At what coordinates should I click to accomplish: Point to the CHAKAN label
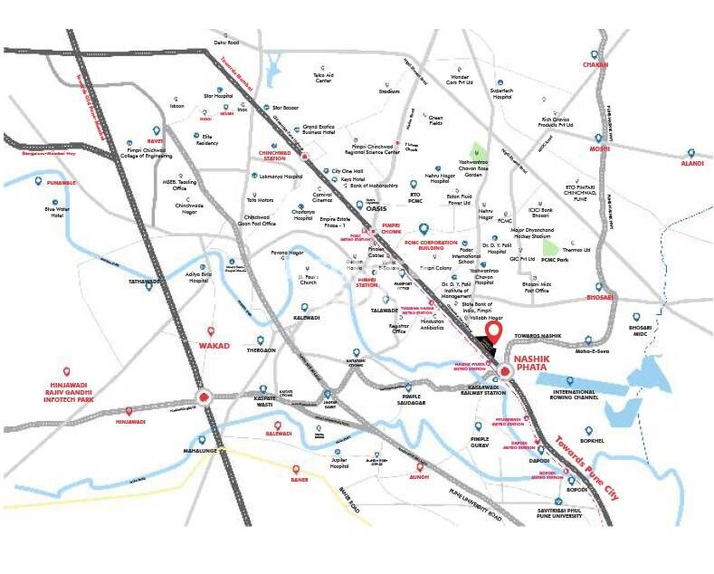[595, 65]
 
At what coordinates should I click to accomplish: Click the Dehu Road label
[225, 42]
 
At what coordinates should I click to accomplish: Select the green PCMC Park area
[549, 246]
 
